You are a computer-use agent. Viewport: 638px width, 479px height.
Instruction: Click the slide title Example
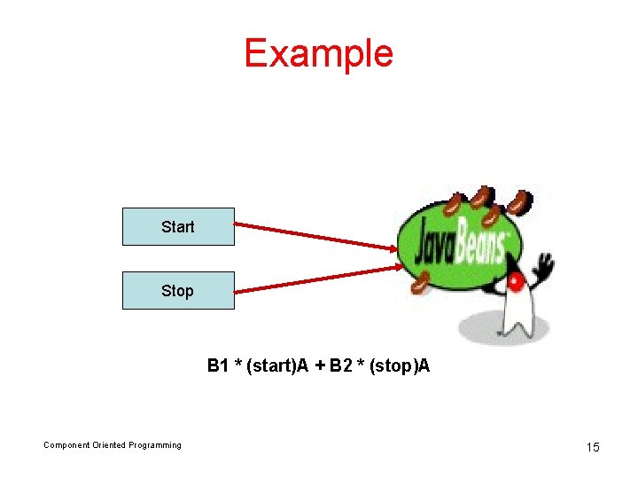click(318, 53)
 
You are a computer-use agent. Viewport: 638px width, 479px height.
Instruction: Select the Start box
click(178, 226)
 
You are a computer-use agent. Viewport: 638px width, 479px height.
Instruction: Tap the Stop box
click(178, 290)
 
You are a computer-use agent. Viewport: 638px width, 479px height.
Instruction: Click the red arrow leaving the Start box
click(315, 235)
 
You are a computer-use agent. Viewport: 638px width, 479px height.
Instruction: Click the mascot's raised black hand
click(543, 264)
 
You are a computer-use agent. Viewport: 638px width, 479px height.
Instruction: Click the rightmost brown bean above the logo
click(521, 203)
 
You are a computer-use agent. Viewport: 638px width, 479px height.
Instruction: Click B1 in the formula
click(218, 365)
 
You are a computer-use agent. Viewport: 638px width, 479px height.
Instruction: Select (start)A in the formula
click(277, 365)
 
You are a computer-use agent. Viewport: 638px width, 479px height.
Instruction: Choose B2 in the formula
click(340, 365)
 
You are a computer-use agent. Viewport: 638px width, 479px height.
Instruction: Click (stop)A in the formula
click(398, 365)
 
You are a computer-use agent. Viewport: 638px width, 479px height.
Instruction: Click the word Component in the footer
click(66, 445)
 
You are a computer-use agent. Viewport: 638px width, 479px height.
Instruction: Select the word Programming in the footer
click(155, 445)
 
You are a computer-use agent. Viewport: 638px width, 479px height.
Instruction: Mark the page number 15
click(593, 447)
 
